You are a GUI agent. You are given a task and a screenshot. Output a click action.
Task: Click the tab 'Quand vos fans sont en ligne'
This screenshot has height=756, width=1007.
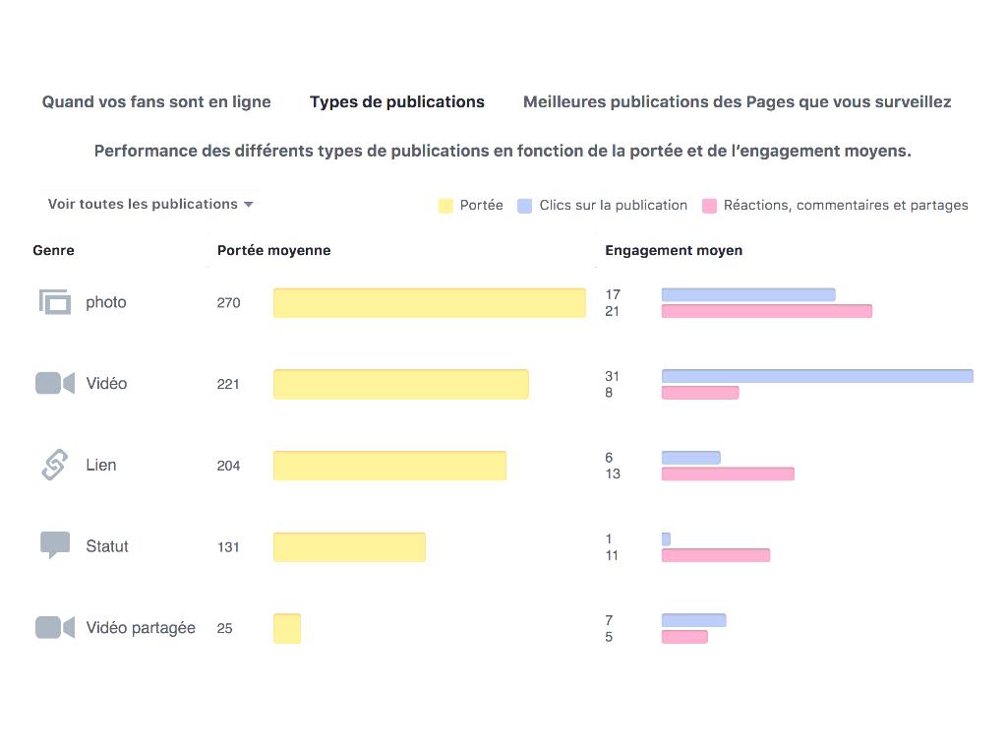pyautogui.click(x=156, y=102)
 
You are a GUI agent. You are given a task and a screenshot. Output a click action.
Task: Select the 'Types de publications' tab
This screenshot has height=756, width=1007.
pyautogui.click(x=397, y=102)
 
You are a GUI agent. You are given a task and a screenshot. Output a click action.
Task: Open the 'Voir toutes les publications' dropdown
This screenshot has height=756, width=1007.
pyautogui.click(x=150, y=205)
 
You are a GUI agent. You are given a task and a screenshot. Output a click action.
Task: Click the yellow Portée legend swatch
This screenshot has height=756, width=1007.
pyautogui.click(x=445, y=206)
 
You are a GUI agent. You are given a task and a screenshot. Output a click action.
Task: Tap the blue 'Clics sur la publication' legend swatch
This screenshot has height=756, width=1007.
pyautogui.click(x=525, y=206)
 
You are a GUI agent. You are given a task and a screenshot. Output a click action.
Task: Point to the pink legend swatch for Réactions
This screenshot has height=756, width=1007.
pyautogui.click(x=709, y=206)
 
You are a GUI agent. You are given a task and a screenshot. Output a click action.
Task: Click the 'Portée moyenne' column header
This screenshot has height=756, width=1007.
pyautogui.click(x=273, y=251)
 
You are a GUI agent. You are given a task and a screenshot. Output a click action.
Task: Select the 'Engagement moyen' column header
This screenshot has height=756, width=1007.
pyautogui.click(x=674, y=251)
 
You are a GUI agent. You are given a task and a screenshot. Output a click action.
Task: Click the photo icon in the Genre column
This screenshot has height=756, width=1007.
pyautogui.click(x=55, y=302)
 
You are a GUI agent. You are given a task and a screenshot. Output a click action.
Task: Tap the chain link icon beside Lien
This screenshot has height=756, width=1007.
pyautogui.click(x=55, y=465)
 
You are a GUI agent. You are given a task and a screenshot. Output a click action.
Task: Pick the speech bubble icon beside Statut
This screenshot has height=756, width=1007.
pyautogui.click(x=55, y=544)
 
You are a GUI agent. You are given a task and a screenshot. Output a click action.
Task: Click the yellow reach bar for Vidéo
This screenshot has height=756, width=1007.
pyautogui.click(x=400, y=384)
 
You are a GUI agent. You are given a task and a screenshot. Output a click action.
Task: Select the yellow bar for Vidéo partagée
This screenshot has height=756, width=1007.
pyautogui.click(x=287, y=628)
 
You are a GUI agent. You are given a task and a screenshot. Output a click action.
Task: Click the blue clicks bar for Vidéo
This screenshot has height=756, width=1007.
pyautogui.click(x=816, y=376)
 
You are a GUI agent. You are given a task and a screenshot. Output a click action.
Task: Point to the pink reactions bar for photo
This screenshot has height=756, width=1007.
pyautogui.click(x=766, y=311)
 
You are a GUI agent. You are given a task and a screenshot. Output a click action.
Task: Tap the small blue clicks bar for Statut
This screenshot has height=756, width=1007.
pyautogui.click(x=666, y=539)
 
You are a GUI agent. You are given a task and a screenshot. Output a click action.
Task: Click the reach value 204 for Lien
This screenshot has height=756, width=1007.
pyautogui.click(x=228, y=466)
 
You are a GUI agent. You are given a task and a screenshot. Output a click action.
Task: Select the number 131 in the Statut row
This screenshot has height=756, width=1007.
pyautogui.click(x=228, y=547)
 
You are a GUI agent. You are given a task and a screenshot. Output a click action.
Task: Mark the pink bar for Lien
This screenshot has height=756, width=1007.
pyautogui.click(x=728, y=473)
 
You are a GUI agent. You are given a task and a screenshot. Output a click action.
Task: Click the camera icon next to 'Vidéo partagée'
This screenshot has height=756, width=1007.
pyautogui.click(x=55, y=627)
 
